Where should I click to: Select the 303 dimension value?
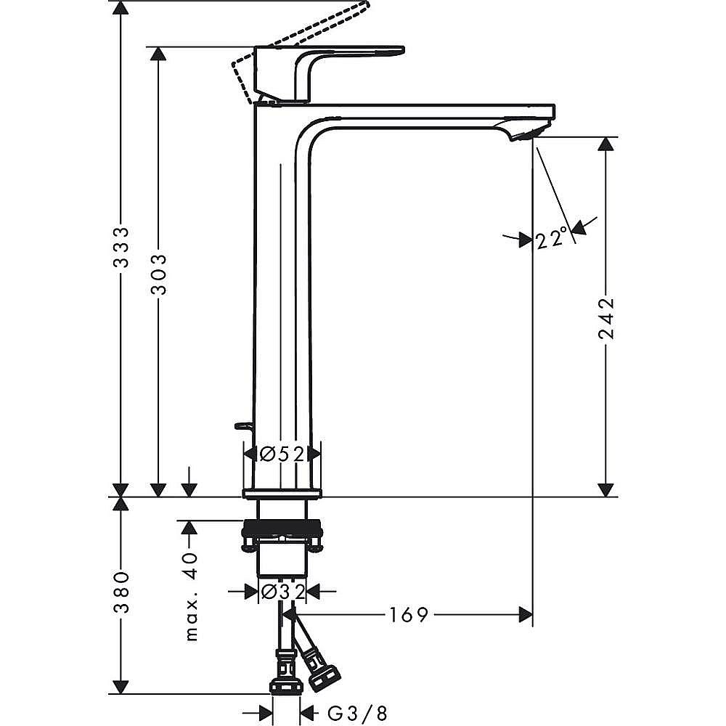159,274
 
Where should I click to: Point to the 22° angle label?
552,238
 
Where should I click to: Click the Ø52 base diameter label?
281,454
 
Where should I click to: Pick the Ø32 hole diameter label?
282,592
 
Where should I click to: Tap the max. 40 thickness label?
190,595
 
